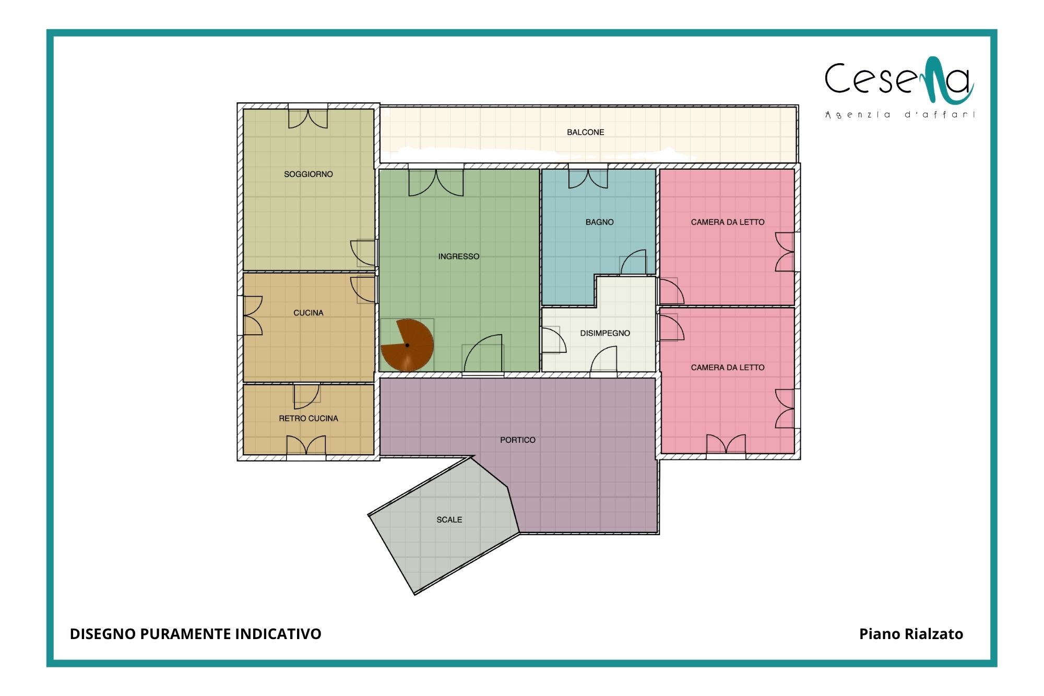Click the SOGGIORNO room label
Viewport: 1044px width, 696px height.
pyautogui.click(x=308, y=174)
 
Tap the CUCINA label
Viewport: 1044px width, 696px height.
pyautogui.click(x=308, y=313)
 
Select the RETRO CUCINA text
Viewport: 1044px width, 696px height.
pyautogui.click(x=308, y=418)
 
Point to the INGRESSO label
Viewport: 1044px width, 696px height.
pyautogui.click(x=458, y=256)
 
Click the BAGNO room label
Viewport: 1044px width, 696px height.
pyautogui.click(x=599, y=222)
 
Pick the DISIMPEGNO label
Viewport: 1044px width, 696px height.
pyautogui.click(x=605, y=333)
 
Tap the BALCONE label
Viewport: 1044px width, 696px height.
pyautogui.click(x=585, y=132)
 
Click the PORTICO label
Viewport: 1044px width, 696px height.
pyautogui.click(x=517, y=440)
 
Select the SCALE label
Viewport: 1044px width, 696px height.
pyautogui.click(x=449, y=520)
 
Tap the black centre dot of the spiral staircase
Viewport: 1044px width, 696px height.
pyautogui.click(x=407, y=345)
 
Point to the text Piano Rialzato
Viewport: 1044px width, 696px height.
pyautogui.click(x=911, y=634)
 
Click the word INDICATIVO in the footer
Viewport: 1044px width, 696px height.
pyautogui.click(x=278, y=634)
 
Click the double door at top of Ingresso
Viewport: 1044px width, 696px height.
pyautogui.click(x=436, y=181)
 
